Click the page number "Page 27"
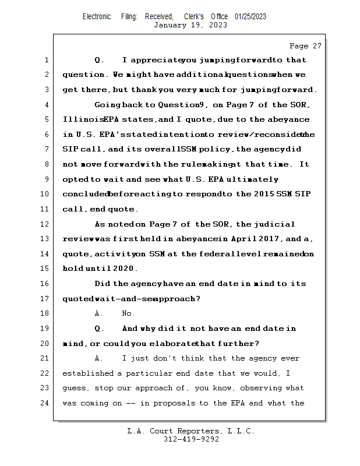[305, 46]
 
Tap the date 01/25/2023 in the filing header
[250, 17]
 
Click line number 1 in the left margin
[46, 60]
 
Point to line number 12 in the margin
[46, 224]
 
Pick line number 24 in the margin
[46, 403]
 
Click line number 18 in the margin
[46, 314]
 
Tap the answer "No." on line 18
[128, 314]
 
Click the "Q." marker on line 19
[99, 329]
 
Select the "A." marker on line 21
[99, 359]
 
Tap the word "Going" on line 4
[107, 105]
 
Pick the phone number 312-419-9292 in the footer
[191, 439]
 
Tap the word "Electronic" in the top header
[97, 17]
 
